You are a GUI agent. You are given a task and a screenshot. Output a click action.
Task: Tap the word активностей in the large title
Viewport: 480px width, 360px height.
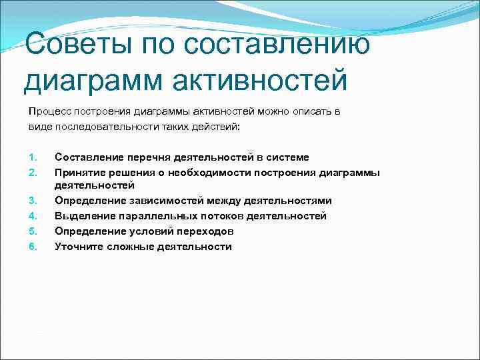point(260,80)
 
